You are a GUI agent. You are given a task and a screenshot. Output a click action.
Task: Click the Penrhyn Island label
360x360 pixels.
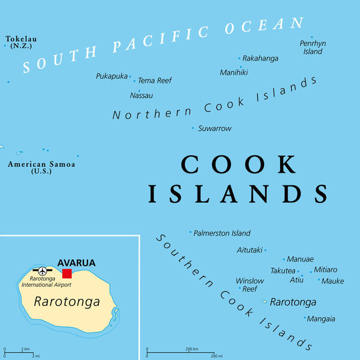[x=312, y=47]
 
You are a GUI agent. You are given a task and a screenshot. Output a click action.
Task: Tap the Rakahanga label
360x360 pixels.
[x=260, y=58]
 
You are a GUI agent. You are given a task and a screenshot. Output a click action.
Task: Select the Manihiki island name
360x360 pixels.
[x=234, y=73]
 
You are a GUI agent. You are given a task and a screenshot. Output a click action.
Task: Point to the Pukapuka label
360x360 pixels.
[x=112, y=76]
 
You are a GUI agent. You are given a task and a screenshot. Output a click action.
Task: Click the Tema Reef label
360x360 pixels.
[x=155, y=80]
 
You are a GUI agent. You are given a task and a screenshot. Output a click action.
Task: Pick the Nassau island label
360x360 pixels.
[x=142, y=95]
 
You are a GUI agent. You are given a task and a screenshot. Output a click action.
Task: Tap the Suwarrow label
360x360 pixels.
[x=215, y=128]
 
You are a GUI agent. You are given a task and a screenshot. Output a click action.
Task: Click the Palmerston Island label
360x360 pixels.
[x=222, y=233]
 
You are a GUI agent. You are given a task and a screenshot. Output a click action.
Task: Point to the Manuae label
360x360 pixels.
[x=300, y=259]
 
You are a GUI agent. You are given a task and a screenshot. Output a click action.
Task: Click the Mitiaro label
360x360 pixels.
[x=326, y=269]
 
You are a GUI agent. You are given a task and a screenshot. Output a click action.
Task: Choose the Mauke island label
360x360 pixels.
[x=332, y=281]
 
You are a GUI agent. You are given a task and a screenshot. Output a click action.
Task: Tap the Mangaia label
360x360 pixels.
[x=321, y=319]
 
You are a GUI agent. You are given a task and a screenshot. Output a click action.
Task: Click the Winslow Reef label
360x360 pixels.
[x=250, y=284]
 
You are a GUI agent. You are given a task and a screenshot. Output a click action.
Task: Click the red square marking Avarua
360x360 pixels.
[x=67, y=274]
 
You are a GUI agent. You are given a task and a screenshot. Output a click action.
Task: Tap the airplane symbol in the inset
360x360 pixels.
[x=42, y=271]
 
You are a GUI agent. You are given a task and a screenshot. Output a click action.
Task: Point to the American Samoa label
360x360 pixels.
[x=41, y=167]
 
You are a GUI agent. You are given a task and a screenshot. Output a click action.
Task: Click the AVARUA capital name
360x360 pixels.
[x=76, y=262]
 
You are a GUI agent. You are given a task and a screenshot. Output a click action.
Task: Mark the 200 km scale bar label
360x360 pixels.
[x=192, y=349]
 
